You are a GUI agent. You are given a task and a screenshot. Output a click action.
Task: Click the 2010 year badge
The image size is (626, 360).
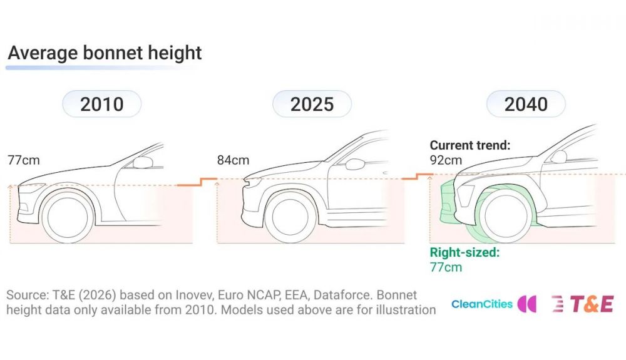[x=102, y=104]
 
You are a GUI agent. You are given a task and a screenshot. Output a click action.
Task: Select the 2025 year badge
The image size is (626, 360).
[x=312, y=104]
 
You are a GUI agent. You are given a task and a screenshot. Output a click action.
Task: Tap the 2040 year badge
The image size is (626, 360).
[x=526, y=104]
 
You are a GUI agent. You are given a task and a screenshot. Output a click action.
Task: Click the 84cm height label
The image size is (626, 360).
[x=233, y=160]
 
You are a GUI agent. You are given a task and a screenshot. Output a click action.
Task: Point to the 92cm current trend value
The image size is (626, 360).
[x=446, y=160]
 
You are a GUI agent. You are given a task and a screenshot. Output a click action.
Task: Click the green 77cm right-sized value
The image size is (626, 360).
[x=446, y=267]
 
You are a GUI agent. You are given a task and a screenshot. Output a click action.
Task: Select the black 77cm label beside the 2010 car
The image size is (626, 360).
[x=24, y=160]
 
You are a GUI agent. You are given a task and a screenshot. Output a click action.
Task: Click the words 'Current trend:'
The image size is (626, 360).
[x=470, y=145]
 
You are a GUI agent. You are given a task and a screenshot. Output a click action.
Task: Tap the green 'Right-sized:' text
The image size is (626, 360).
[x=464, y=252]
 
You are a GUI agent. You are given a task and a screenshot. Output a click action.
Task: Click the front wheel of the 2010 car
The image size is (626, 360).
[x=68, y=217]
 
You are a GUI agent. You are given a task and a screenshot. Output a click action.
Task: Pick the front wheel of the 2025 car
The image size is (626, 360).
[x=290, y=217]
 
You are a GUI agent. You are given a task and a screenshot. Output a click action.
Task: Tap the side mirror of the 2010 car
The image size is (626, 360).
[x=143, y=162]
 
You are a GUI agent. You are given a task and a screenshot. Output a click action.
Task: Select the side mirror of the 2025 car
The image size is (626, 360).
[x=355, y=164]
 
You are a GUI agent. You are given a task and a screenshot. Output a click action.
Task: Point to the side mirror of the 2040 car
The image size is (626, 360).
[x=558, y=157]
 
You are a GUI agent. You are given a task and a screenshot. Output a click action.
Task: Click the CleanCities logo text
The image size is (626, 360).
[x=482, y=304]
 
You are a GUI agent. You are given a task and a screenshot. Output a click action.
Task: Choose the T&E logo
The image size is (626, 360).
[x=582, y=304]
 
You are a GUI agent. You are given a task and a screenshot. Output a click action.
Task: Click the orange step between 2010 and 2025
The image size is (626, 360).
[x=197, y=182]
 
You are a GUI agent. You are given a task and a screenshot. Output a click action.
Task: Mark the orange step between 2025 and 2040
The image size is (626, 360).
[x=417, y=177]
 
